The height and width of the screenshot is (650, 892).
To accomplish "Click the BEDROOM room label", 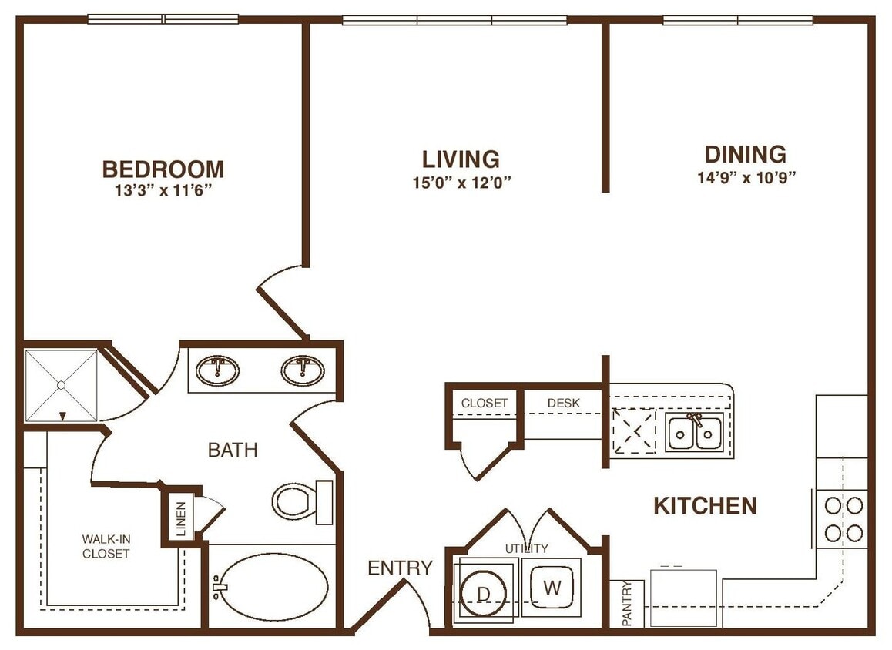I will tap(163, 169).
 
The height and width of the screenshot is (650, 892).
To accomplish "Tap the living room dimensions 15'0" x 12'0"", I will tap(461, 183).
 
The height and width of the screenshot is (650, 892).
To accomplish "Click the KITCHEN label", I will tap(705, 506).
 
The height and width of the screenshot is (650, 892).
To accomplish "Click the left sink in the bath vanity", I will tap(217, 370).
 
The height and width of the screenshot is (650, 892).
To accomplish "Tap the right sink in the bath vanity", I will tap(302, 370).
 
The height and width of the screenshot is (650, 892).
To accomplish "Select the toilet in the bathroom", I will tap(297, 501).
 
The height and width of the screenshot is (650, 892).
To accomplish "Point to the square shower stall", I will tap(61, 385).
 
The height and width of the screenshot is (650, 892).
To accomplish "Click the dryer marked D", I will tap(485, 591).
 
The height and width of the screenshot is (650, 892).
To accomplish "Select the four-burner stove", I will tap(843, 518).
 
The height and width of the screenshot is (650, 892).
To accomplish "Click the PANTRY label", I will tap(628, 604).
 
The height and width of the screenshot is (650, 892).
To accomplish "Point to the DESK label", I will tap(563, 403).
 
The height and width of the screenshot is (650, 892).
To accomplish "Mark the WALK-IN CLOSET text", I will tap(106, 546).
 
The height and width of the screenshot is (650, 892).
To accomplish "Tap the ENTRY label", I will tap(400, 568).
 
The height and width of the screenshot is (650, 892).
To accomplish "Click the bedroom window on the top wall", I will tap(163, 19).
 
